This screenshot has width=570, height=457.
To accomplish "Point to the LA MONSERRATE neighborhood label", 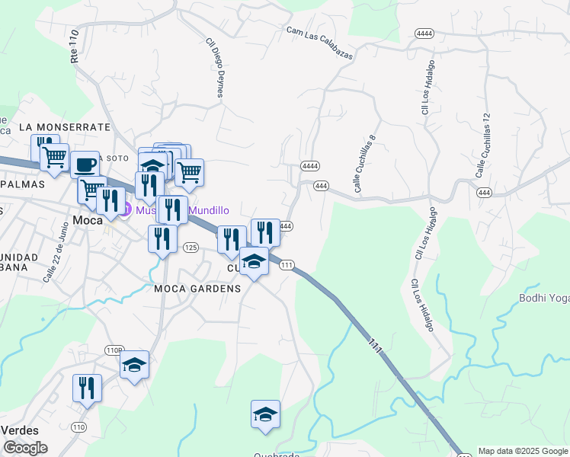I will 65,127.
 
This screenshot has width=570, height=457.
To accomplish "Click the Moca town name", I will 88,221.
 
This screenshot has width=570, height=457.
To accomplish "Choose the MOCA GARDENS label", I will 197,289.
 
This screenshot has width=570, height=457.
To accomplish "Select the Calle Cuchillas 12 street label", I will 483,146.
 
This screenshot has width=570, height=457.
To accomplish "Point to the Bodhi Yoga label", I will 544,298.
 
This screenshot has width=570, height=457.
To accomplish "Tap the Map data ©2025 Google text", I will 523,451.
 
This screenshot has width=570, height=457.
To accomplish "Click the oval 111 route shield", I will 287,265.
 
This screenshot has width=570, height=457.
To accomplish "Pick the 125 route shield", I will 191,248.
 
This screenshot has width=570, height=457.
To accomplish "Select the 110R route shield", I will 114,350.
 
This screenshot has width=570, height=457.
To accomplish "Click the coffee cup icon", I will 85,164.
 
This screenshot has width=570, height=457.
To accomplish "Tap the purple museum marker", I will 126,209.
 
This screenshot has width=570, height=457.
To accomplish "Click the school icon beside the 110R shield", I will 135,365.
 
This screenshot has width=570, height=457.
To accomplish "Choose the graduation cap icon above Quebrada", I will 265,415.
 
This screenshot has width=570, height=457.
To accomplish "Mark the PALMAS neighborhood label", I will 23,184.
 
